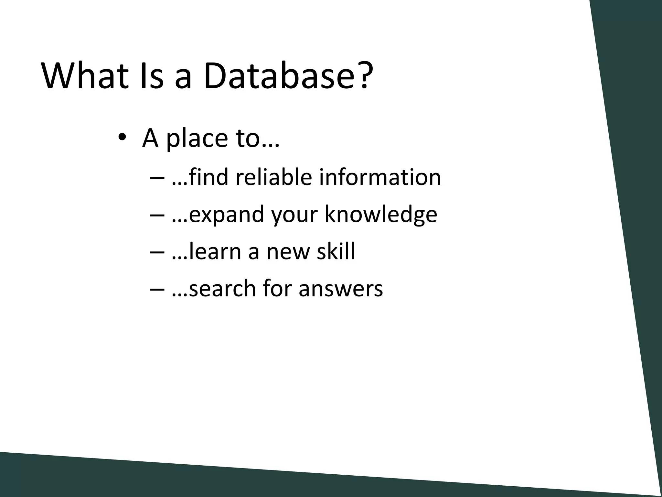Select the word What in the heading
(86, 76)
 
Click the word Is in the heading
(152, 76)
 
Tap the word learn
(215, 251)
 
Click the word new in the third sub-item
(288, 251)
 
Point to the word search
(223, 288)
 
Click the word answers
(341, 288)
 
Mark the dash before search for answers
(158, 289)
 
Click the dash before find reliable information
(158, 178)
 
